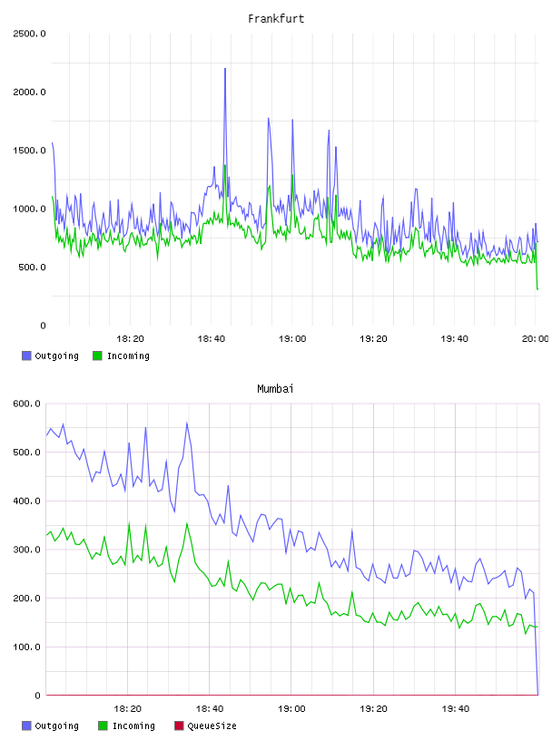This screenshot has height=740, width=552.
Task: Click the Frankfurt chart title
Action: coord(276,19)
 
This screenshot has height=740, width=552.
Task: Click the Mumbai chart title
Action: coord(275,389)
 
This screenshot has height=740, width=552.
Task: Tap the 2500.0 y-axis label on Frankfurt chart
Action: coord(29,34)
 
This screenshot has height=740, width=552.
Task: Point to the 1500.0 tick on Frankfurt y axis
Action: coord(29,151)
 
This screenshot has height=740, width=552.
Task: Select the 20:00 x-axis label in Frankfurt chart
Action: coord(535,339)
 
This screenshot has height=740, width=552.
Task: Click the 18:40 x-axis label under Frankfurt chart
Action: coord(212,339)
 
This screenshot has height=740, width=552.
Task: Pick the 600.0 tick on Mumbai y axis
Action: coord(27,404)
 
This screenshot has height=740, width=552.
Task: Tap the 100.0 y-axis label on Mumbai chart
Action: coord(27,647)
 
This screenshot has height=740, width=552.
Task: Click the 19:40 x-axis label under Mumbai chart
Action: coord(456,709)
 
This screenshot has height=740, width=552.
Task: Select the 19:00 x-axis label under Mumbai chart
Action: coord(291,709)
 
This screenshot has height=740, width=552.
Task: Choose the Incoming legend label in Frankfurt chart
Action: coord(128,355)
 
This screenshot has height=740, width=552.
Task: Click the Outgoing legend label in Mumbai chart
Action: coord(56,725)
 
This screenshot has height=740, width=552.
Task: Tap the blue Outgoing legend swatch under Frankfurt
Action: coord(26,355)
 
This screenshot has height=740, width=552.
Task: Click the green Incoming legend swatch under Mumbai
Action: coord(103,725)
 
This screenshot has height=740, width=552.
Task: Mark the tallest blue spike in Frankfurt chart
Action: coord(225,69)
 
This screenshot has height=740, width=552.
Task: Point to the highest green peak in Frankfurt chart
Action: coord(225,165)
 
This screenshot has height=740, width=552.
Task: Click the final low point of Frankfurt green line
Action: coord(537,288)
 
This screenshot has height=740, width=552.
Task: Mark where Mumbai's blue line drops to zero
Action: coord(537,695)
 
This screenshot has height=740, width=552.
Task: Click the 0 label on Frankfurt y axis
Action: coord(43,326)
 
